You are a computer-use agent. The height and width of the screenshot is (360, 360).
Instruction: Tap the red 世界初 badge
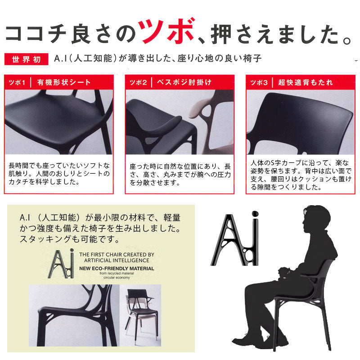click(26, 59)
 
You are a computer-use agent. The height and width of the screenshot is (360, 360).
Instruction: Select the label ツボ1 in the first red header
click(17, 82)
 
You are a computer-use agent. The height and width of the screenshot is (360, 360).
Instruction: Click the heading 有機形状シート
click(64, 82)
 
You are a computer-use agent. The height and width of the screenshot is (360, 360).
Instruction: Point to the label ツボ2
click(138, 82)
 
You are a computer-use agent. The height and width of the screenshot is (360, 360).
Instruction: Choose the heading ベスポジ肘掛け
click(184, 82)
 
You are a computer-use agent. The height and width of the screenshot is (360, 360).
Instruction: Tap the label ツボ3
click(259, 82)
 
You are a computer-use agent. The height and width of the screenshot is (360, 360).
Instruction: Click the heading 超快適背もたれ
click(306, 82)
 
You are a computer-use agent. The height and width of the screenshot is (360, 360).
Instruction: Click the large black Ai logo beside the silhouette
click(235, 239)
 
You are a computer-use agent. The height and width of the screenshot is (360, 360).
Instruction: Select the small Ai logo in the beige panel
click(61, 264)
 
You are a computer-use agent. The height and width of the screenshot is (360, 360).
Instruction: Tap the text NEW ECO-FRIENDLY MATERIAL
click(117, 268)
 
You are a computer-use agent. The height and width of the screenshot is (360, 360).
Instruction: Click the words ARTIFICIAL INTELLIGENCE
click(117, 261)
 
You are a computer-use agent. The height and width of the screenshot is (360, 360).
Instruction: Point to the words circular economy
click(117, 278)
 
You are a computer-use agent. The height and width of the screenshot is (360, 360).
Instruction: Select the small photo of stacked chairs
click(140, 315)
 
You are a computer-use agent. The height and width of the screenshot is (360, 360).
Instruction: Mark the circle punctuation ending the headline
click(347, 40)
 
